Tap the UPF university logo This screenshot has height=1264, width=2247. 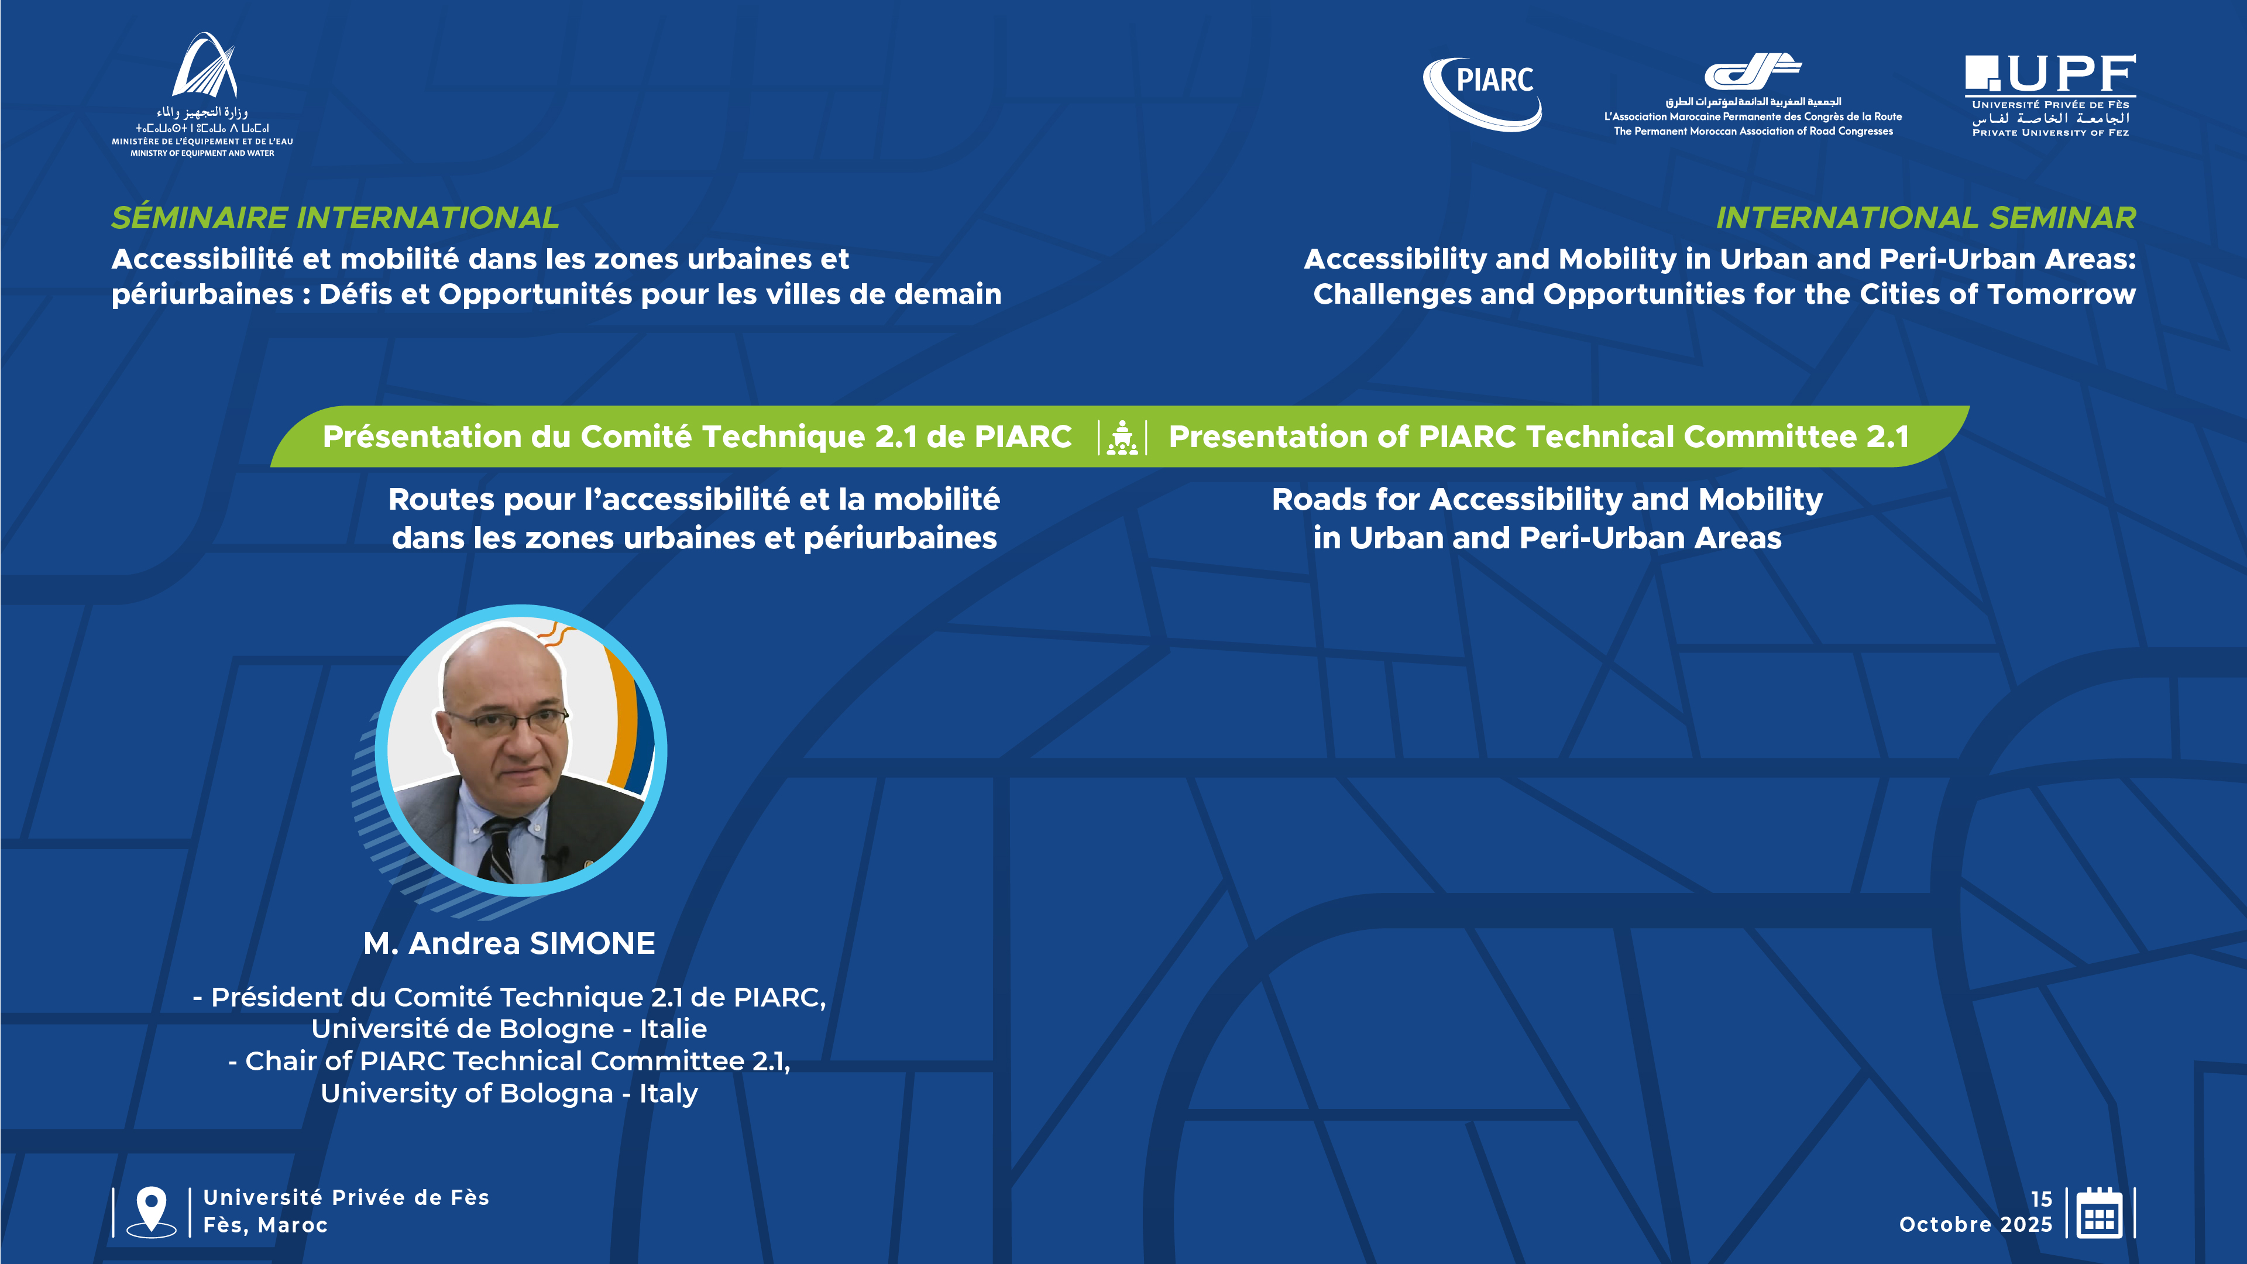pos(2050,95)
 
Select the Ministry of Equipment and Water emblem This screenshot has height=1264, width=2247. pos(204,66)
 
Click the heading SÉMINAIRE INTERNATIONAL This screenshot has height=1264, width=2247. pos(335,217)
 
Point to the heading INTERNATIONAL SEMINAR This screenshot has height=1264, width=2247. pos(1926,217)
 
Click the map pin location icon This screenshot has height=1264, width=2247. pos(151,1211)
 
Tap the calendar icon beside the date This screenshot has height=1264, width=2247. pos(2100,1212)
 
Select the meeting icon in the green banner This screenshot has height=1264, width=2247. pos(1122,437)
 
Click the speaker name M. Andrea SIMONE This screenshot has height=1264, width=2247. pos(510,943)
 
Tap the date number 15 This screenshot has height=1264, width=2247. pos(2041,1198)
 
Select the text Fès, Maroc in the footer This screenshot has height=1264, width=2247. pos(265,1225)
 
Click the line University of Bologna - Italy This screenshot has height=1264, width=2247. pos(510,1093)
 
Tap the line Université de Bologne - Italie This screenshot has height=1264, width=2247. pos(510,1029)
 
